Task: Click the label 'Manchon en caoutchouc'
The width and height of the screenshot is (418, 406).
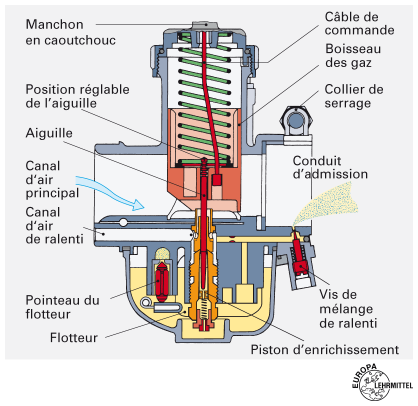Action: (x=70, y=32)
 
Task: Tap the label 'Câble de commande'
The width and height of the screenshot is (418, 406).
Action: (x=359, y=23)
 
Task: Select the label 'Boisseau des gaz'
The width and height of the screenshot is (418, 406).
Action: (x=352, y=56)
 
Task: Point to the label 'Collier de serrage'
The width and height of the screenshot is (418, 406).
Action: (x=354, y=96)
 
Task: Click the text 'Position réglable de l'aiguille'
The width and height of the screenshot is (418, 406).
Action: (x=77, y=96)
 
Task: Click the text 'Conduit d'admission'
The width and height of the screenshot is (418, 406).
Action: (x=330, y=167)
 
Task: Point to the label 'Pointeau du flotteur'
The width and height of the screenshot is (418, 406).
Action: (x=62, y=307)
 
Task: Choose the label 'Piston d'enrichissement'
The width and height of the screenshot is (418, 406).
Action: (x=324, y=349)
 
